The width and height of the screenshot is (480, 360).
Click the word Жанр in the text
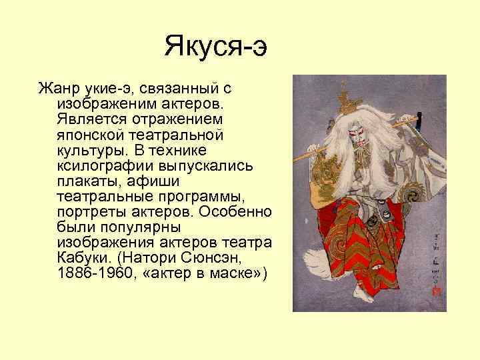tap(55, 89)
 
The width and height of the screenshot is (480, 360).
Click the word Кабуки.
tap(80, 257)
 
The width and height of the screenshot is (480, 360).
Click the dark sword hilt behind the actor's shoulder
tap(419, 121)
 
